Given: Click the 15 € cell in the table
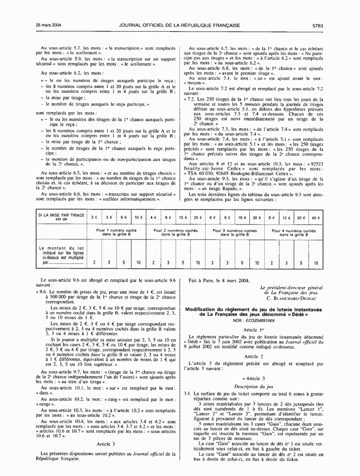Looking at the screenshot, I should pos(243,218).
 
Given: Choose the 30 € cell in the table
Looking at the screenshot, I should pos(257,218).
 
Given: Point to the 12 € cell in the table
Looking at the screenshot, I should pos(286,218).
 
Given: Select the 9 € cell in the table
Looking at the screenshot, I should pos(228,218).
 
